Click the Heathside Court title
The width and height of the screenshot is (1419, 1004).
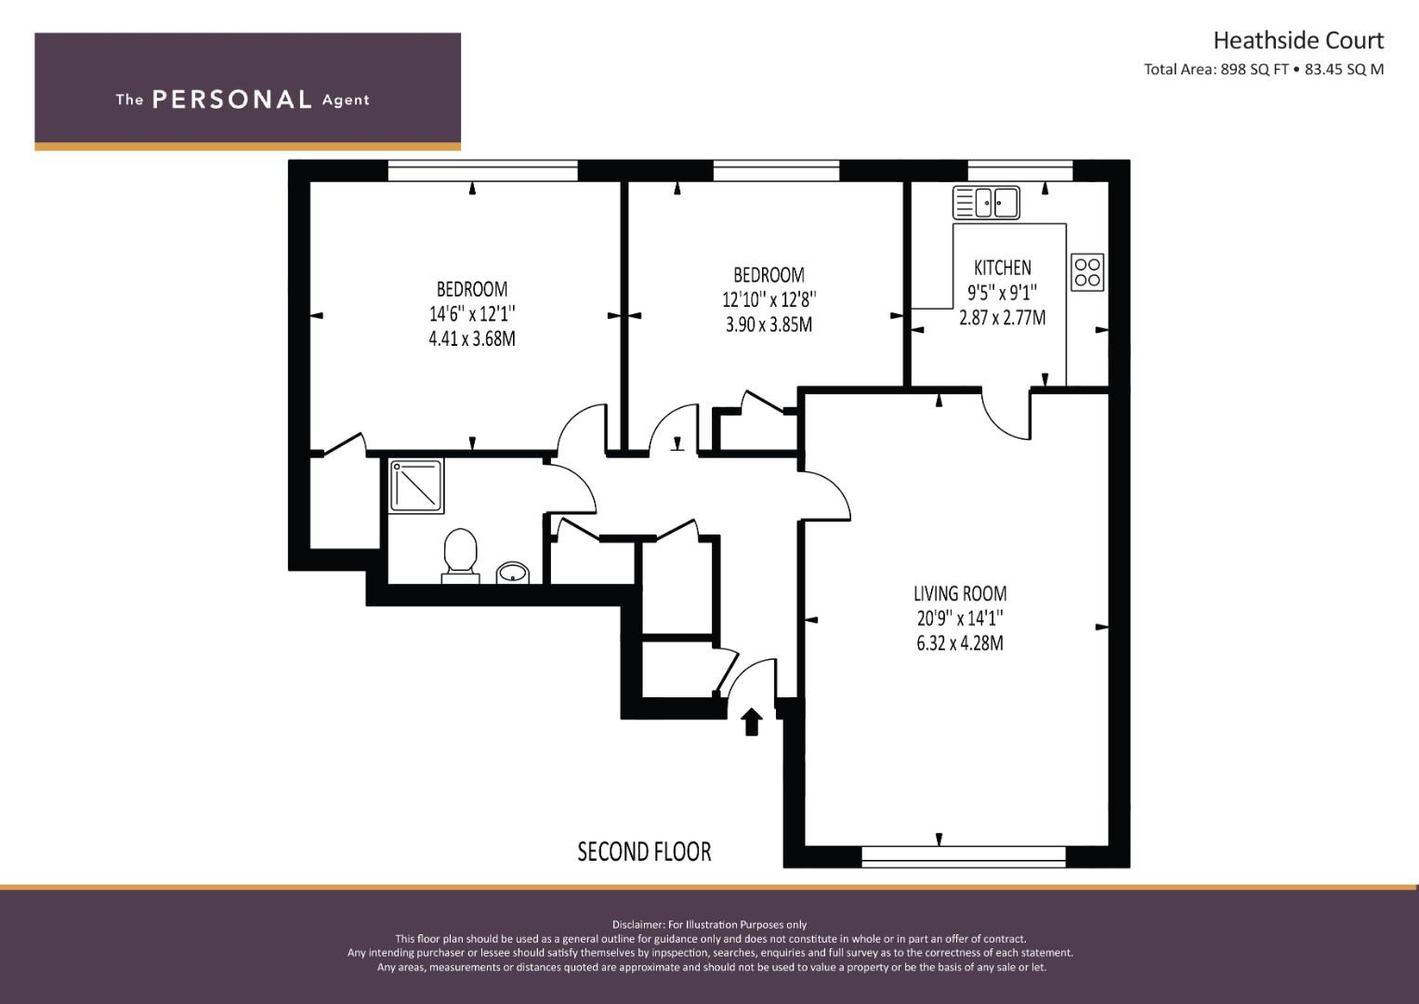point(1298,41)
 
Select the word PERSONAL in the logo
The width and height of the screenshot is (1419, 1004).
point(232,99)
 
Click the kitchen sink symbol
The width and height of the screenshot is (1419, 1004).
point(986,203)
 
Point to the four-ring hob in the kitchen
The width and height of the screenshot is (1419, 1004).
point(1087,272)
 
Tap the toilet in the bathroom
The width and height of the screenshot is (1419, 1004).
point(461,556)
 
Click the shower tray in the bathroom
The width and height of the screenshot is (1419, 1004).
point(416,486)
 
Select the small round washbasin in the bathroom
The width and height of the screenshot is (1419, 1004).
point(512,573)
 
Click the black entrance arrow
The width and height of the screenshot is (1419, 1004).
point(751,722)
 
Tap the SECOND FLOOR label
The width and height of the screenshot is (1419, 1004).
point(644,852)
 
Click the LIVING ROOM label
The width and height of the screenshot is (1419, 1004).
point(960,594)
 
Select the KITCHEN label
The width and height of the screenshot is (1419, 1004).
point(1002,268)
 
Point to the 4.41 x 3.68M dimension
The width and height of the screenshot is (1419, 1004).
point(472,338)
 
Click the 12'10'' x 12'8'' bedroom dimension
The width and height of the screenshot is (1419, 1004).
point(769,299)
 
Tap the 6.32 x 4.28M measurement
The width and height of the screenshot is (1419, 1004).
point(960,643)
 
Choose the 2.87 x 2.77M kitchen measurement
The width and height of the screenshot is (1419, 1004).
point(1002,318)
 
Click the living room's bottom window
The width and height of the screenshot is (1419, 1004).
point(964,856)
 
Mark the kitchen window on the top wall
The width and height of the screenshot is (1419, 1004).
point(1020,171)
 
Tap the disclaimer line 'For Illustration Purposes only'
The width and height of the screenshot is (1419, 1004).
point(710,925)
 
